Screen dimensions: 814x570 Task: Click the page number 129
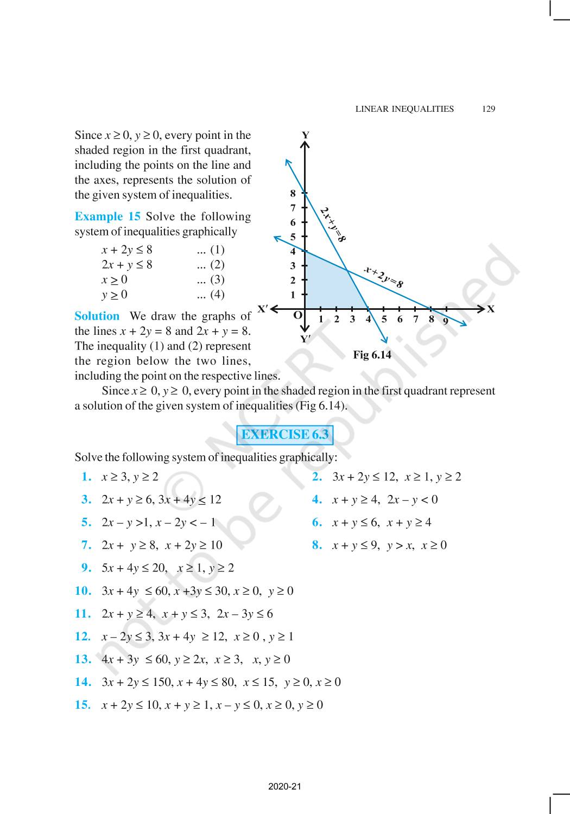[x=488, y=109]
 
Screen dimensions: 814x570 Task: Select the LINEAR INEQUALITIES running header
[x=404, y=109]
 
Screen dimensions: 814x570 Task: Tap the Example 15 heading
[x=107, y=217]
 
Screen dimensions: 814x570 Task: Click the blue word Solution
[x=97, y=316]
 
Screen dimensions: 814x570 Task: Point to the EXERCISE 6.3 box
[x=285, y=435]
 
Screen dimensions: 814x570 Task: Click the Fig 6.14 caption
[x=372, y=355]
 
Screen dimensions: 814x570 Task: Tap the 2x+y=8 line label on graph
[x=333, y=224]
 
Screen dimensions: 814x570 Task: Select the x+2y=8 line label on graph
[x=384, y=277]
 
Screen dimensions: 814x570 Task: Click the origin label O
[x=297, y=315]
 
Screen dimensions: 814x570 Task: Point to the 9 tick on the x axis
[x=445, y=320]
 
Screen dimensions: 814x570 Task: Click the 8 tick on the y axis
[x=293, y=193]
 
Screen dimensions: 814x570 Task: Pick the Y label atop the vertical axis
[x=306, y=135]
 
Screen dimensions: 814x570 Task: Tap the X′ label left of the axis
[x=263, y=309]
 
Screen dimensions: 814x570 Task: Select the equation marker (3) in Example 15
[x=211, y=279]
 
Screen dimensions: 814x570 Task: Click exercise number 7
[x=86, y=545]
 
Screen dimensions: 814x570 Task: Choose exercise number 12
[x=83, y=637]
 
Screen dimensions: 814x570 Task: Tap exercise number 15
[x=83, y=705]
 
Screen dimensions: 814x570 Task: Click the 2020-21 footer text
[x=284, y=786]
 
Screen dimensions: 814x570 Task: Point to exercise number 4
[x=317, y=500]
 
